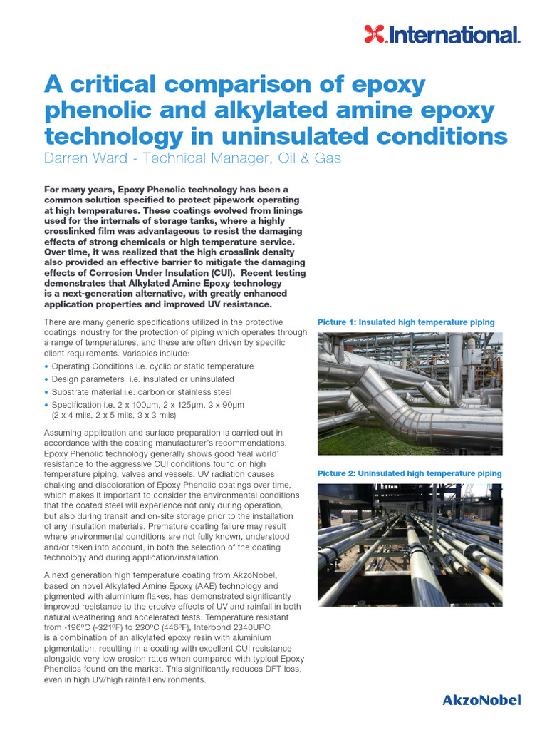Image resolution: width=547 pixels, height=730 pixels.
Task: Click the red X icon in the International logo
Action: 375,34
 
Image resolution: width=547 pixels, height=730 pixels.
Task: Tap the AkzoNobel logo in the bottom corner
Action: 481,700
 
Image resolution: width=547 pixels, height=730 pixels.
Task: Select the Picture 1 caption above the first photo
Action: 406,322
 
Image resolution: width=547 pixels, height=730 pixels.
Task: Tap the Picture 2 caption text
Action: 410,473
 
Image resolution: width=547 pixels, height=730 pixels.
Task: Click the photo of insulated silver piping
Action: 410,394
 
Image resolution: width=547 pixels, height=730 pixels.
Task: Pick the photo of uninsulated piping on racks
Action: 410,545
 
